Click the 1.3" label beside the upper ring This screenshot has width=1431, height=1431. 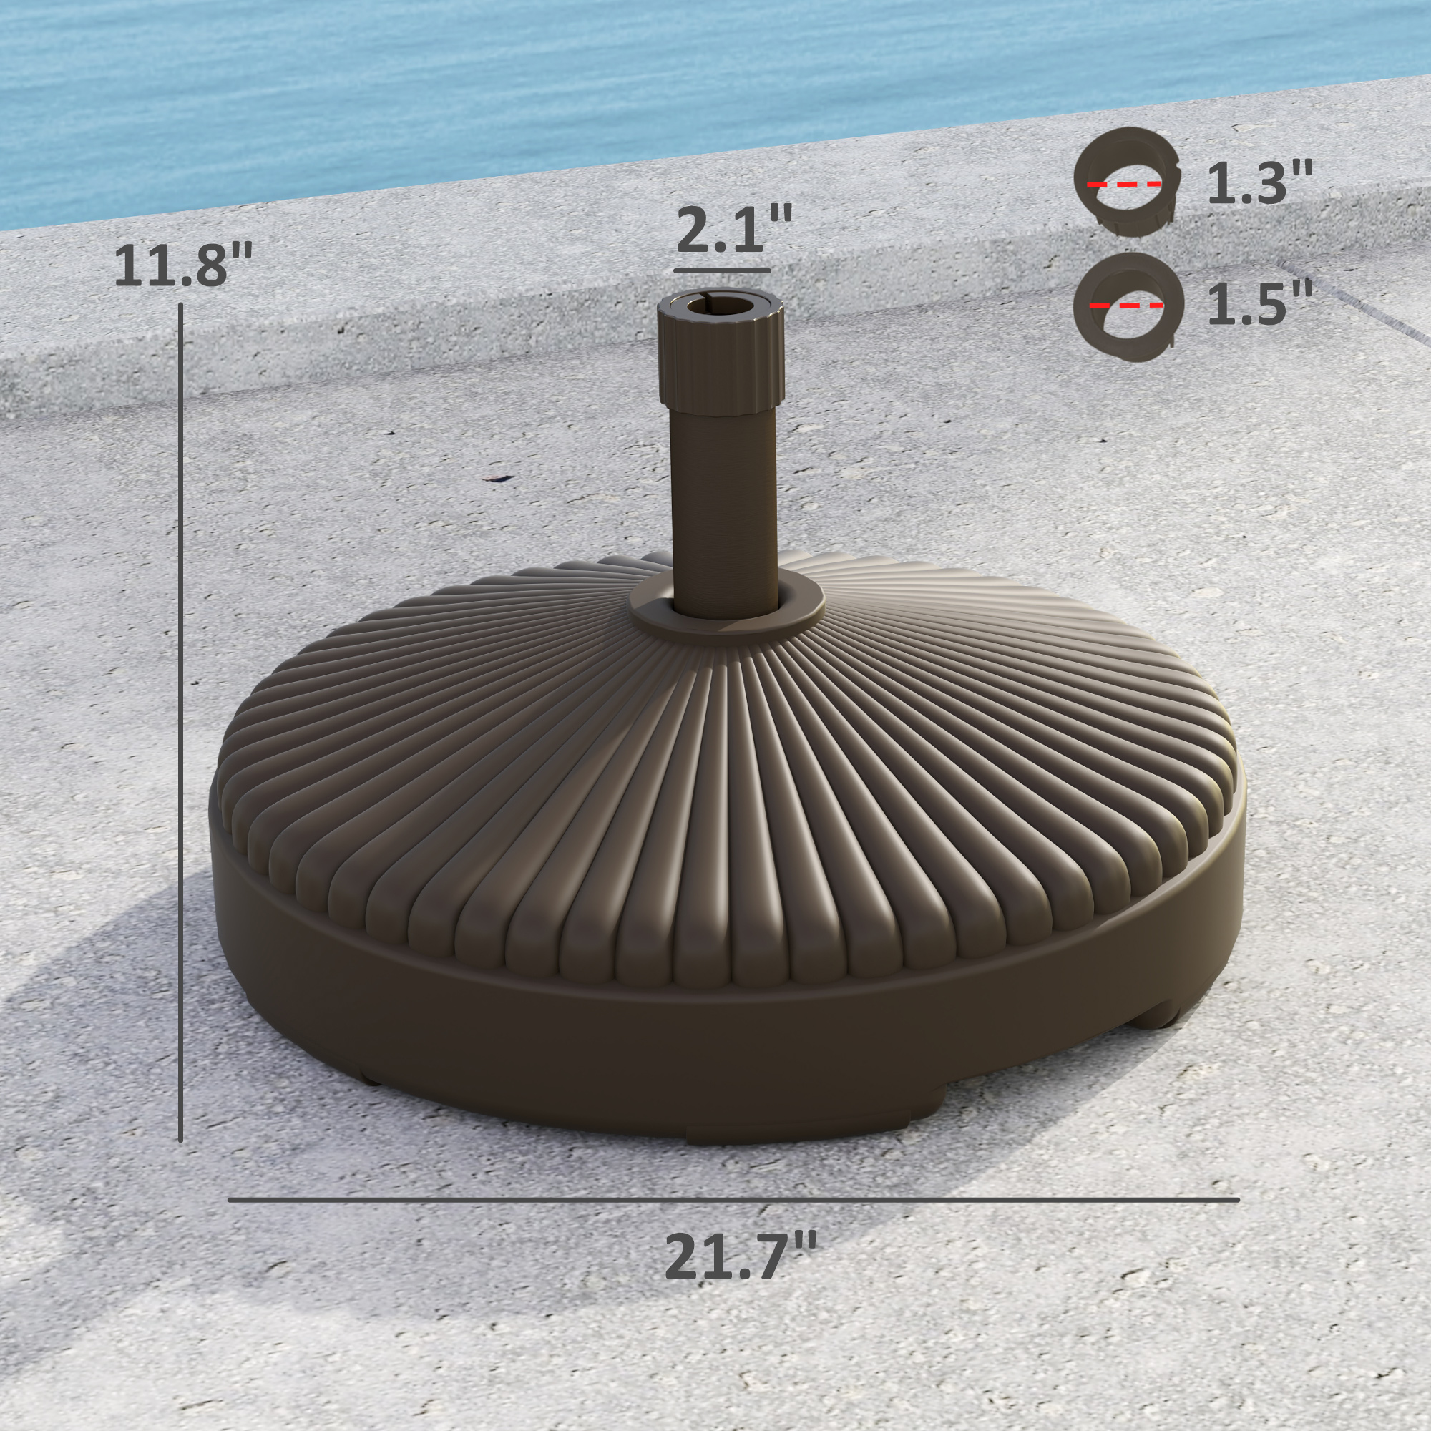point(1259,183)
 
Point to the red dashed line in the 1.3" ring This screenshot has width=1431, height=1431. point(1123,185)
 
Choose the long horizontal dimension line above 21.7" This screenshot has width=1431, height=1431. point(733,1199)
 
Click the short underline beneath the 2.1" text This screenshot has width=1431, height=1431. point(722,271)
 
